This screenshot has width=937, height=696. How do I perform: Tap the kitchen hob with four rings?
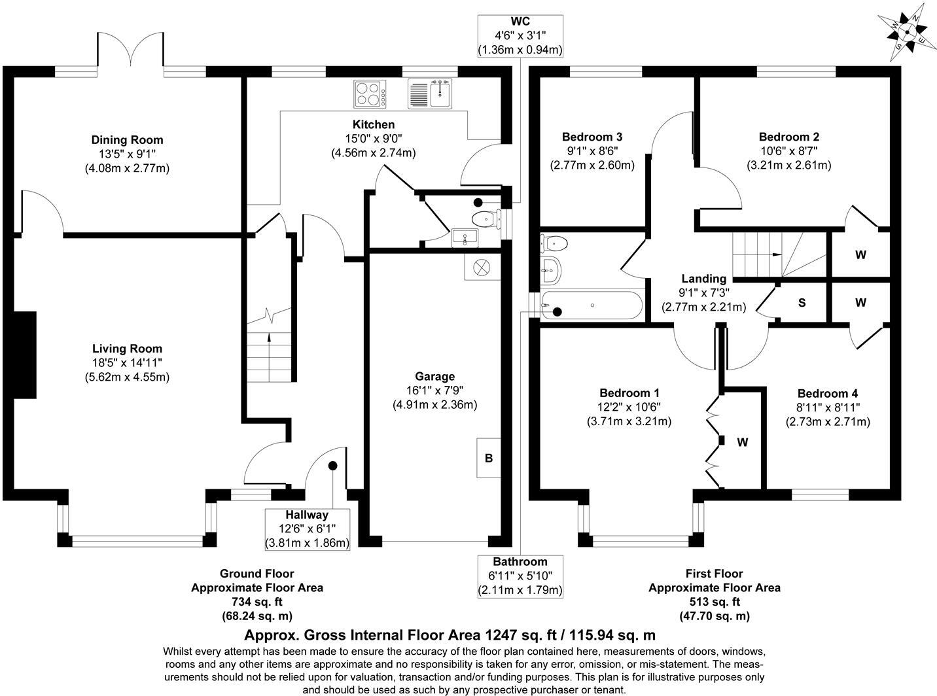pos(370,94)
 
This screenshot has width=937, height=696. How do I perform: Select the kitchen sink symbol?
pos(430,94)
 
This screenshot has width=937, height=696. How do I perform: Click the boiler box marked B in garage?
pos(488,458)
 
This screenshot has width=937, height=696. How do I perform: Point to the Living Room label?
pos(127,349)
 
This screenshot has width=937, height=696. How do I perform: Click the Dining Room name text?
pos(127,139)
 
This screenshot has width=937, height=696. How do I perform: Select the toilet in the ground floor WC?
pos(485,219)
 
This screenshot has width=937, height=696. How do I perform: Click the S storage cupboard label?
pos(801,303)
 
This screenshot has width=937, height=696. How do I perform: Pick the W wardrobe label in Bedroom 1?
pos(742,442)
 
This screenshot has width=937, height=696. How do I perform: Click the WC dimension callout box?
pos(520,35)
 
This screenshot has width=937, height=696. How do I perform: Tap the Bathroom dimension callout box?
pos(520,576)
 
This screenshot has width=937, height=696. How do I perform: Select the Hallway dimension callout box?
pos(307,529)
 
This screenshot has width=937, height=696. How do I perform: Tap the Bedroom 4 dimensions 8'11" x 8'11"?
pos(827,408)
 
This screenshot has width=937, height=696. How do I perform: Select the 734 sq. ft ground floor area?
pos(256,602)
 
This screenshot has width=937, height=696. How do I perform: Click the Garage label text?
pos(434,376)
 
